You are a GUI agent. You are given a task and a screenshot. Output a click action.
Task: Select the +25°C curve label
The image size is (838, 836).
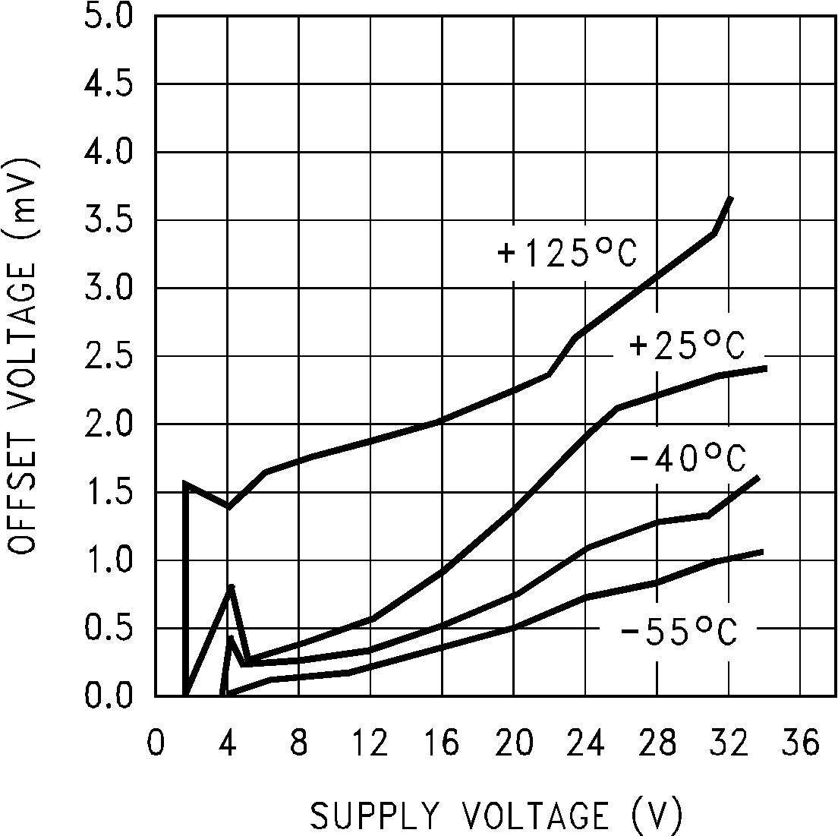tap(687, 347)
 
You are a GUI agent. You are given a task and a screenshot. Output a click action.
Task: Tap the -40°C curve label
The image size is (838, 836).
tap(687, 459)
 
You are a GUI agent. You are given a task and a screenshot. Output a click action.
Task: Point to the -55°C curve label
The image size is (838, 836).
tap(678, 632)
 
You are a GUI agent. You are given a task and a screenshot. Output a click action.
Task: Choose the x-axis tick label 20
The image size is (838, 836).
tap(513, 743)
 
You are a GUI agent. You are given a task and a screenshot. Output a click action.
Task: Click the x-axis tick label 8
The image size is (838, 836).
tap(298, 743)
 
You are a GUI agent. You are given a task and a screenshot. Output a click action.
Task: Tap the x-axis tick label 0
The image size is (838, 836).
tap(156, 743)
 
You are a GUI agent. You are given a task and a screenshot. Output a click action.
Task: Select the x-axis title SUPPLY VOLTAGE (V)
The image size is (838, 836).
tap(496, 815)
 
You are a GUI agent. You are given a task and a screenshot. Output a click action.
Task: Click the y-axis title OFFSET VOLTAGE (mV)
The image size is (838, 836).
tap(25, 356)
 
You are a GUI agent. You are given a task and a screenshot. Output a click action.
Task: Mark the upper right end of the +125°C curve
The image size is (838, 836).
tap(730, 197)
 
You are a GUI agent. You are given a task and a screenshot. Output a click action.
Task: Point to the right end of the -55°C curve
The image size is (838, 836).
tap(761, 551)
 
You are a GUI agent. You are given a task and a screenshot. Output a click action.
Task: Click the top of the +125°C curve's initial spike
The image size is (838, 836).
tap(186, 483)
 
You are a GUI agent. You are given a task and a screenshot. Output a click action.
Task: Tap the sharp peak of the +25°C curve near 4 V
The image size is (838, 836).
tap(232, 587)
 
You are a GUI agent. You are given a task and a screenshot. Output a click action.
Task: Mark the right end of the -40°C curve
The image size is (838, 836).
tap(758, 478)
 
